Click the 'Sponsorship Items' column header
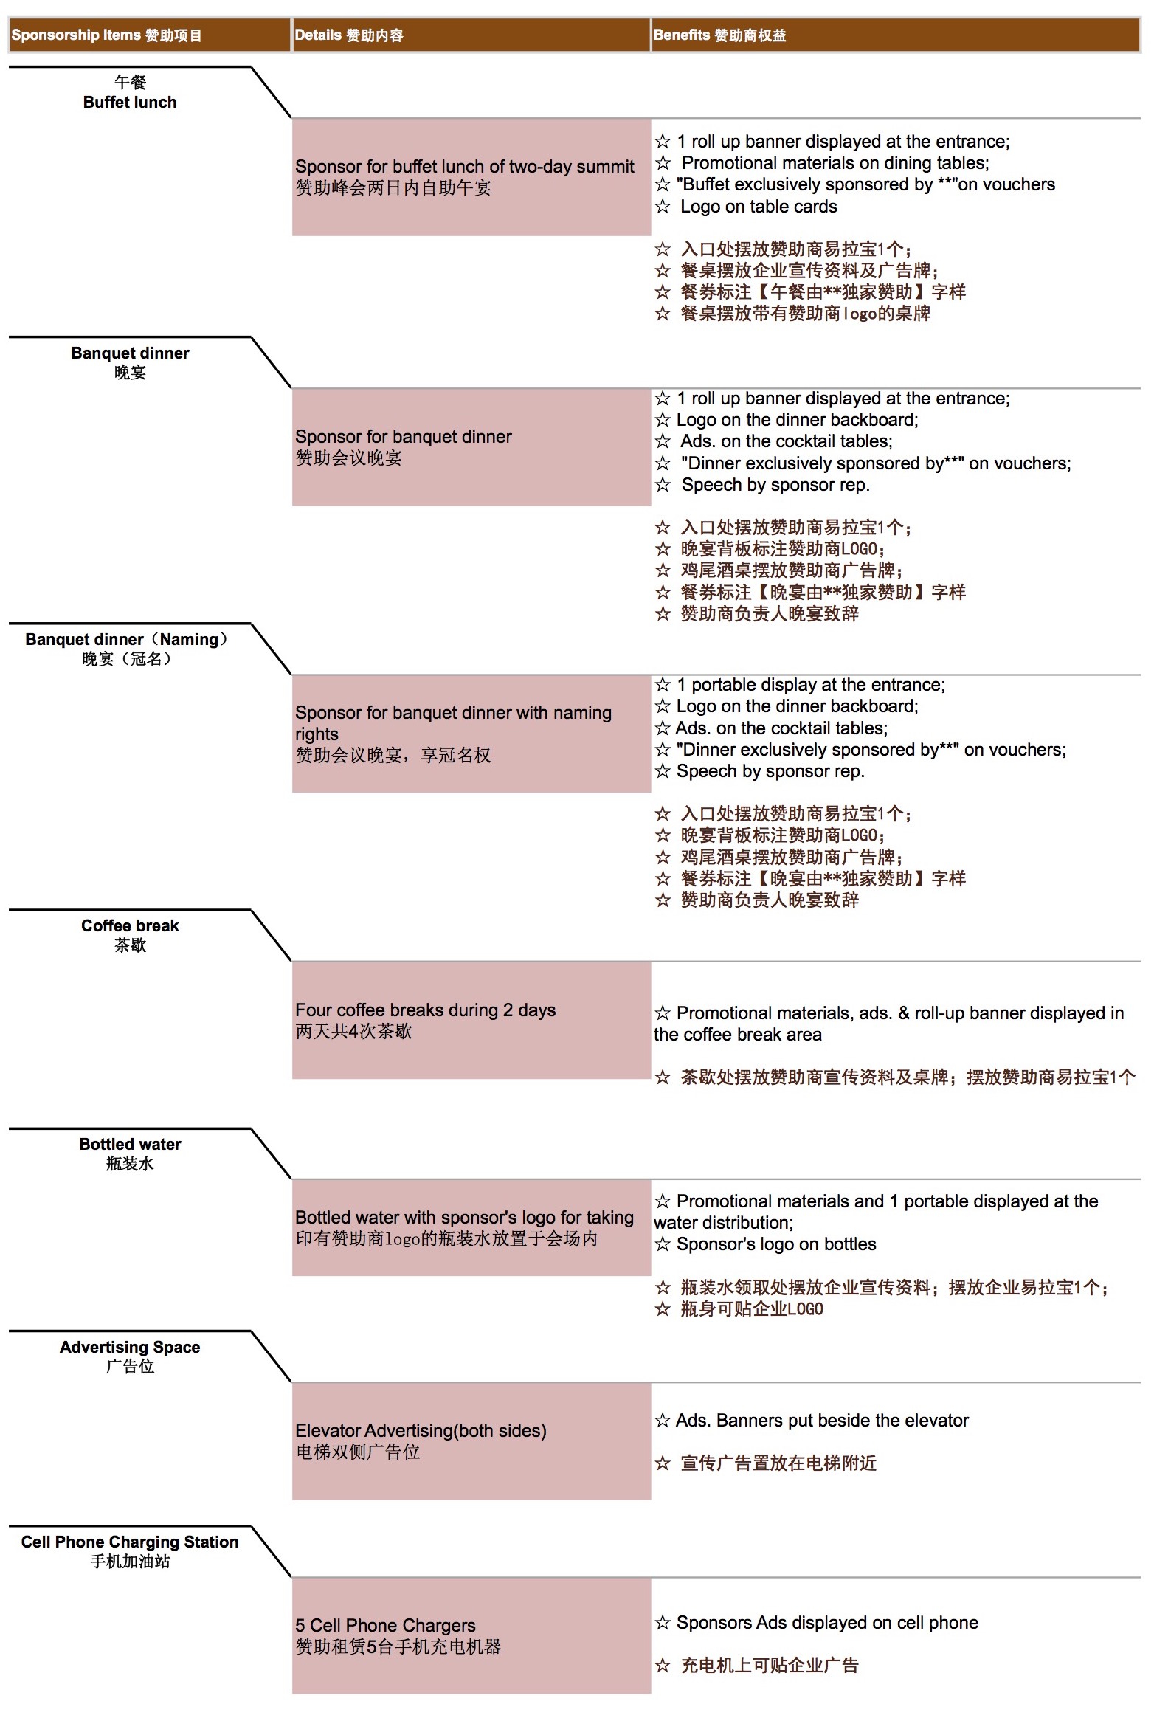[x=106, y=35]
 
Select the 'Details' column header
[x=348, y=35]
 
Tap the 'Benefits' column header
[x=719, y=35]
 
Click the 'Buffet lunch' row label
[x=130, y=102]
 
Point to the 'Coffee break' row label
[x=130, y=925]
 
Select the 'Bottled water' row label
[x=130, y=1144]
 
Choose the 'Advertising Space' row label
[x=130, y=1347]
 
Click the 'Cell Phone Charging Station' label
[x=130, y=1542]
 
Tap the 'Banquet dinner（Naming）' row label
[x=126, y=639]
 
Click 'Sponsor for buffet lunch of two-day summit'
[x=464, y=167]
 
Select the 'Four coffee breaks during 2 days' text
[x=425, y=1010]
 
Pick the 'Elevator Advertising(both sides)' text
[x=421, y=1430]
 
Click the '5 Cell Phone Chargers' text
[x=385, y=1625]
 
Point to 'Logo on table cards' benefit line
[x=758, y=207]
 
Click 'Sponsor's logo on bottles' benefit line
[x=775, y=1244]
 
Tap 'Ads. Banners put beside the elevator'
[x=821, y=1421]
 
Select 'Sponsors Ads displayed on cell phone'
[x=826, y=1623]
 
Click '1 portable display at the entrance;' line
[x=810, y=685]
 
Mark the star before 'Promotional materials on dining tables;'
[x=663, y=163]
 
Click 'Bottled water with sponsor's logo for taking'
[x=464, y=1218]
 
